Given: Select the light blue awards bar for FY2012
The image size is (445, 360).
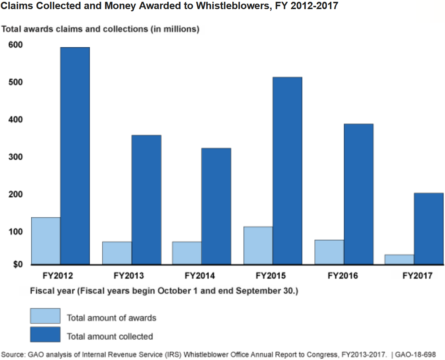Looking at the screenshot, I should [46, 241].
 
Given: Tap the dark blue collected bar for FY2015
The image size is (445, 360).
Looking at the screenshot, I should [287, 171].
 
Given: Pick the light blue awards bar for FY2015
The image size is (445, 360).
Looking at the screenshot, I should [258, 245].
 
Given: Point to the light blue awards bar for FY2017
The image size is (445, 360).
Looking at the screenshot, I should [399, 260].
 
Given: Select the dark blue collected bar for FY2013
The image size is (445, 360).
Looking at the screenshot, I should [146, 200].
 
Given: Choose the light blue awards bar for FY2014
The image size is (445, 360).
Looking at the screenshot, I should [187, 253].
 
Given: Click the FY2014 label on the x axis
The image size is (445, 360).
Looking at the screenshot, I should [200, 276].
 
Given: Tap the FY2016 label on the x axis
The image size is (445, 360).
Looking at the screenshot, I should [343, 276].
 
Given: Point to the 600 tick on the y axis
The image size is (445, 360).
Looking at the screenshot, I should [16, 45].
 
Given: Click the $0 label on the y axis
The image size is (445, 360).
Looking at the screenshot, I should [18, 265].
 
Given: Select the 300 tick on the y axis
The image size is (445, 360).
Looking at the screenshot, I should [16, 157].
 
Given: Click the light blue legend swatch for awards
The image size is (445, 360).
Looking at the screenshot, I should [45, 316].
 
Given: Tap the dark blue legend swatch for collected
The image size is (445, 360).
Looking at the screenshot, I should [45, 335].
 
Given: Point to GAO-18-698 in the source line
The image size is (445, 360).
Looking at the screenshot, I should [415, 354].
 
